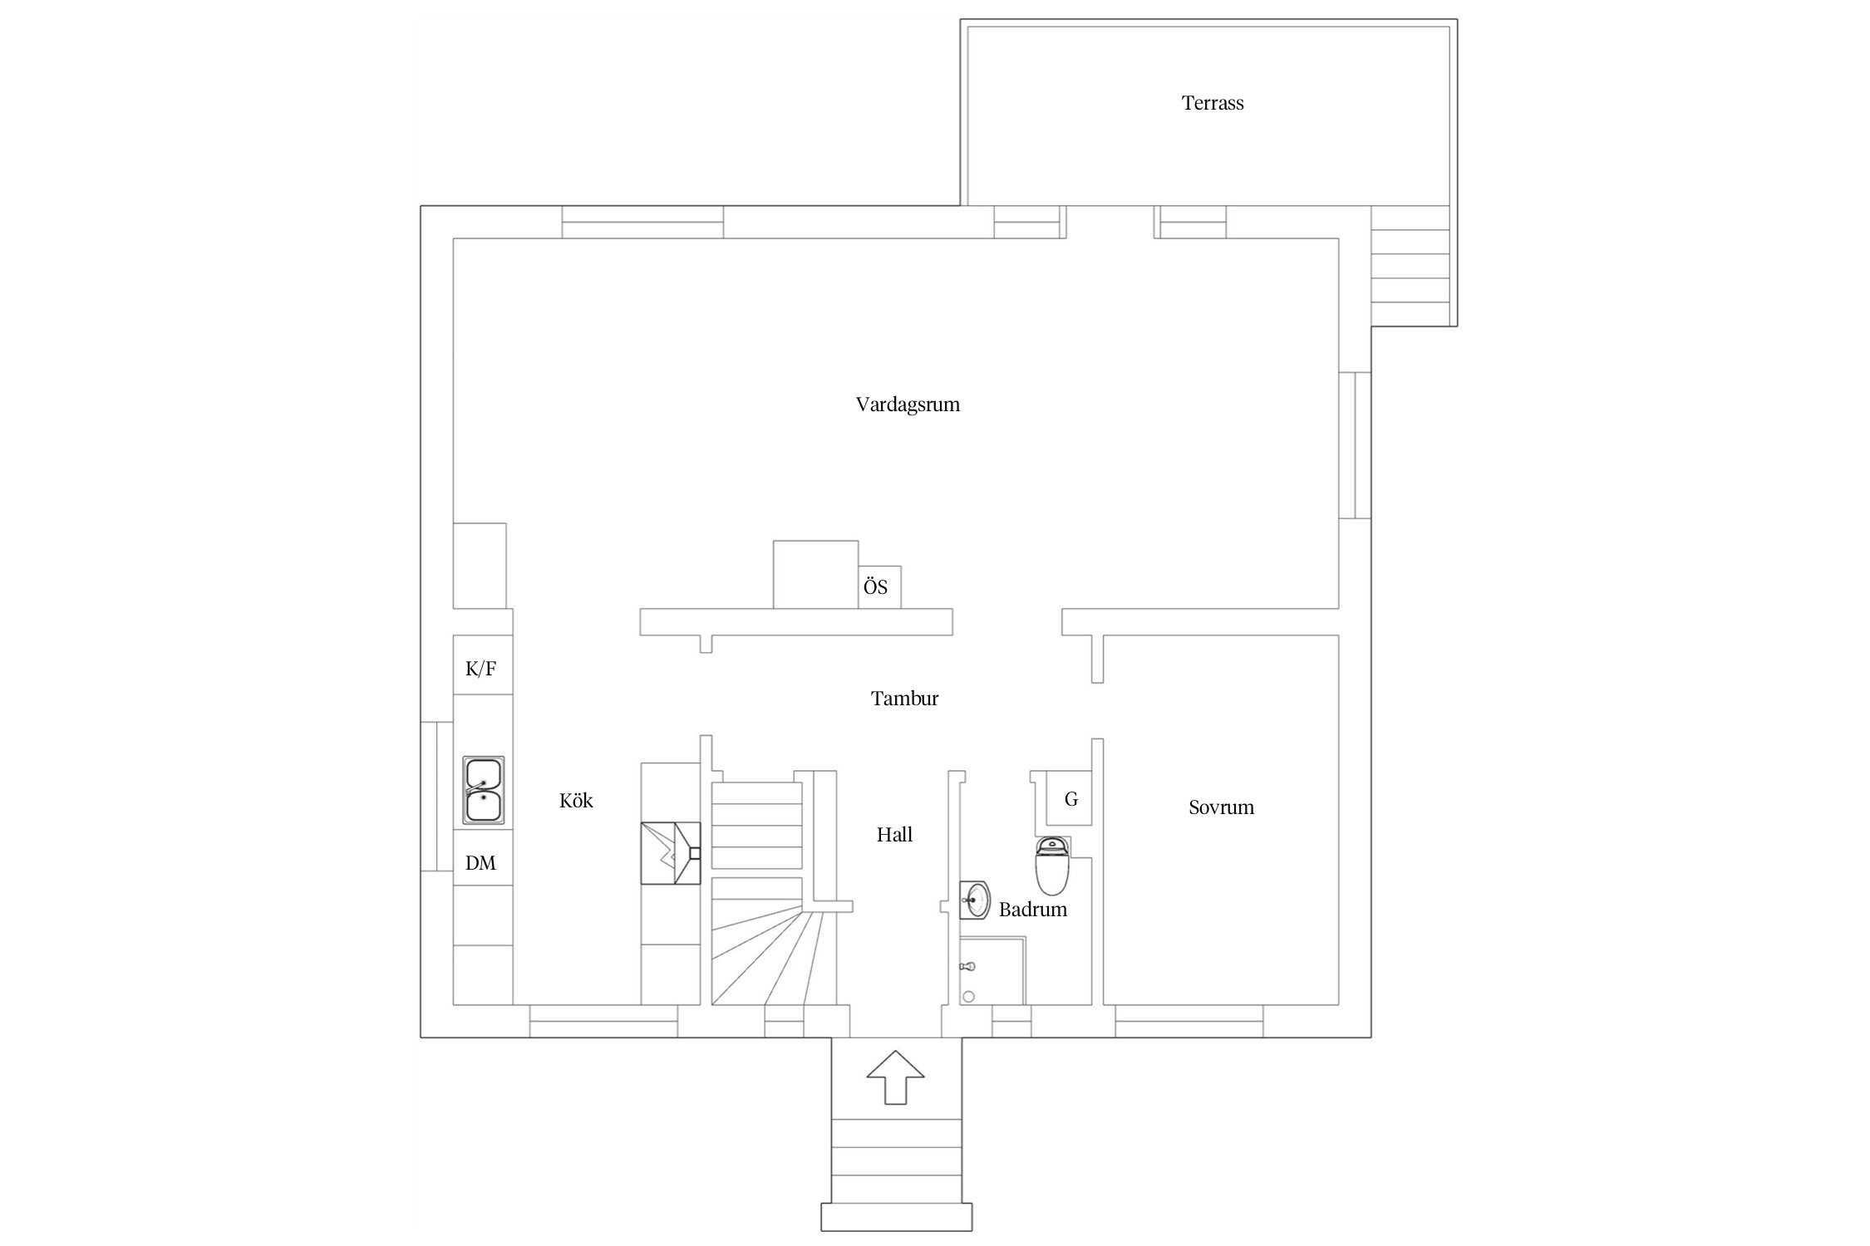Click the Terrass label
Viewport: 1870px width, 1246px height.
[x=1213, y=103]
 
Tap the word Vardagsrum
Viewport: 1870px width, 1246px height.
[x=908, y=405]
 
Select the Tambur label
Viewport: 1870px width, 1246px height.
[x=904, y=699]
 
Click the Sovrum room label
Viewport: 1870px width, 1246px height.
[x=1221, y=807]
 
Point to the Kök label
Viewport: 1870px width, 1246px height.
[x=576, y=800]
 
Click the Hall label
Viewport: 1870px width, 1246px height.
[x=894, y=835]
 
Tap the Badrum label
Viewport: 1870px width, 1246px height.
[x=1032, y=910]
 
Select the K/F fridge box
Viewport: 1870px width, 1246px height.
[x=482, y=665]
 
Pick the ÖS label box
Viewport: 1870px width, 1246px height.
[x=879, y=587]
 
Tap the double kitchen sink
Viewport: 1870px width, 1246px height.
[x=483, y=790]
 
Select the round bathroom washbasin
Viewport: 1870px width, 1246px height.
[x=975, y=900]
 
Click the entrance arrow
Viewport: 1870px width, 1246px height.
[x=895, y=1077]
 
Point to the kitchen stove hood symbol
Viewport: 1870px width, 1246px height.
[x=671, y=853]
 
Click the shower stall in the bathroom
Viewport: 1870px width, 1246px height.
[x=992, y=971]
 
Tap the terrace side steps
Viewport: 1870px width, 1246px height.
[x=1410, y=266]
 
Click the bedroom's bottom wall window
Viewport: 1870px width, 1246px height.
[x=1189, y=1021]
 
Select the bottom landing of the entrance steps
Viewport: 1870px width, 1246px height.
[x=896, y=1217]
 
